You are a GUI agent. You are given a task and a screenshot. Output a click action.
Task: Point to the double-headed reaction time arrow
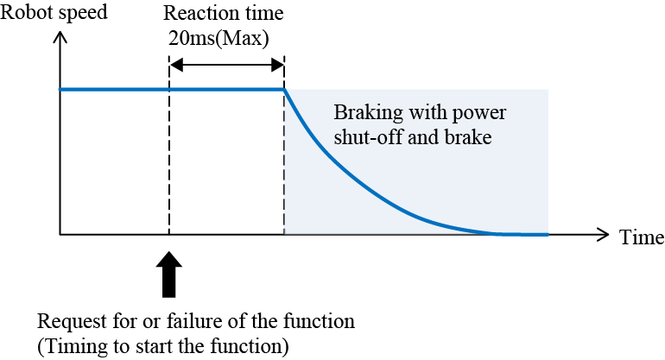(226, 65)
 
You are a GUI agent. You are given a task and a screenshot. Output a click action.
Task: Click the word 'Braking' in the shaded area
(364, 115)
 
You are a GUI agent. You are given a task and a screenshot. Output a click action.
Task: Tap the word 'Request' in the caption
(69, 322)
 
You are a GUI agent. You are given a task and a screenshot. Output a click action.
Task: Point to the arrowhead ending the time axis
(605, 234)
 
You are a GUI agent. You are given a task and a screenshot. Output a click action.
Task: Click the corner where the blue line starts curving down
(284, 90)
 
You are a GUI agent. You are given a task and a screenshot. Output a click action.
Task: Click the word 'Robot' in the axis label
(22, 13)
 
